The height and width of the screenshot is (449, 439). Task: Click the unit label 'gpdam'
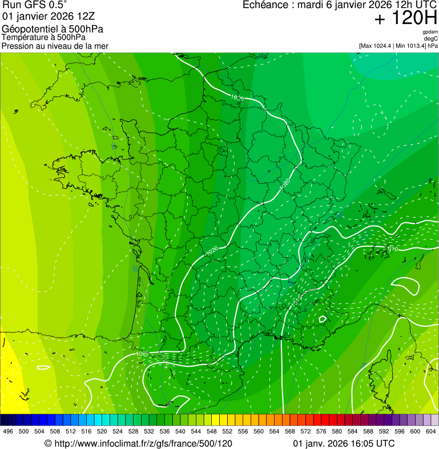(x=430, y=32)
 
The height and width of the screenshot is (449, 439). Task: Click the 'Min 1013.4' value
(x=412, y=45)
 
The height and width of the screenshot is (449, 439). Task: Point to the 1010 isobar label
(x=392, y=249)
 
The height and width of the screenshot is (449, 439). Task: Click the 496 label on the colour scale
(x=8, y=431)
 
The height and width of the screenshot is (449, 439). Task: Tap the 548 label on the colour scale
(x=211, y=431)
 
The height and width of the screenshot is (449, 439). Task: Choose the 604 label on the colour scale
(x=431, y=431)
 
